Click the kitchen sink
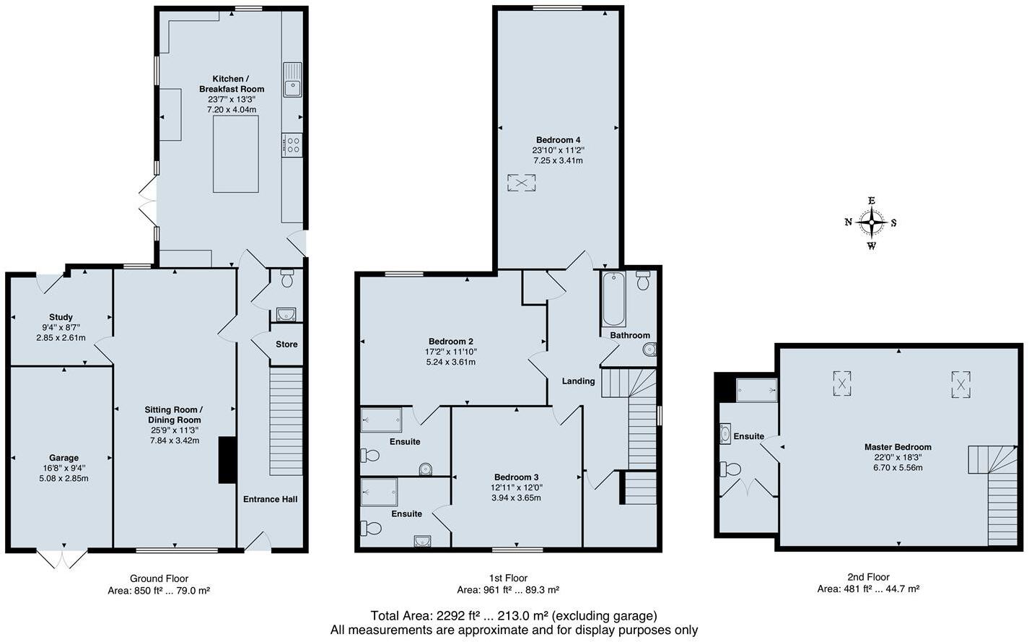[292, 79]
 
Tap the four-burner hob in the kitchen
[292, 144]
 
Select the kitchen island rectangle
[236, 154]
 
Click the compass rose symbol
[872, 222]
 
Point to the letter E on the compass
[872, 201]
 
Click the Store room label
[286, 344]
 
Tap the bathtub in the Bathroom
[613, 299]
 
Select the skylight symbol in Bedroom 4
[520, 183]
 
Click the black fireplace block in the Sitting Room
[227, 459]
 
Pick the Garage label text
[64, 458]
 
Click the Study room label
[61, 317]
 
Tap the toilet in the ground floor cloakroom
[286, 278]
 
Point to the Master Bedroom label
[898, 447]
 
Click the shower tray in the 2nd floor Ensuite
[756, 390]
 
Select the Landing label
[579, 381]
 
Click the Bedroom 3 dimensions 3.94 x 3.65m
[516, 498]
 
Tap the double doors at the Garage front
[62, 558]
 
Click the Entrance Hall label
[270, 499]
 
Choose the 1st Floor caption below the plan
[508, 578]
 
